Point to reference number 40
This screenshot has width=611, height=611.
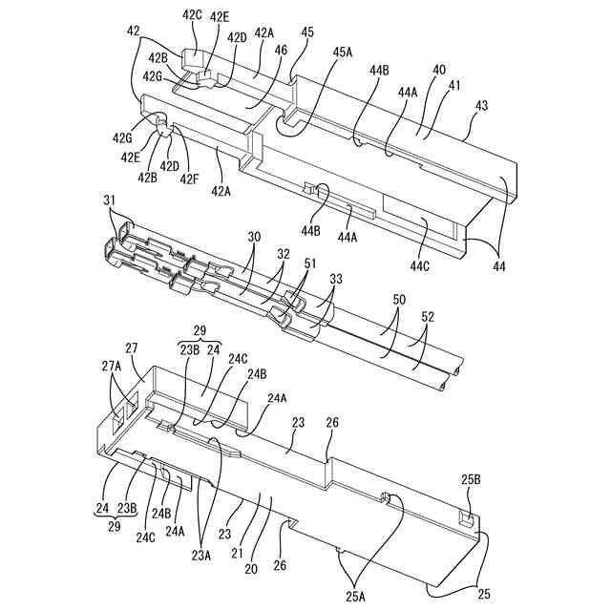[x=438, y=71]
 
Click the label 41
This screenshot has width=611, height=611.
[x=454, y=86]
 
